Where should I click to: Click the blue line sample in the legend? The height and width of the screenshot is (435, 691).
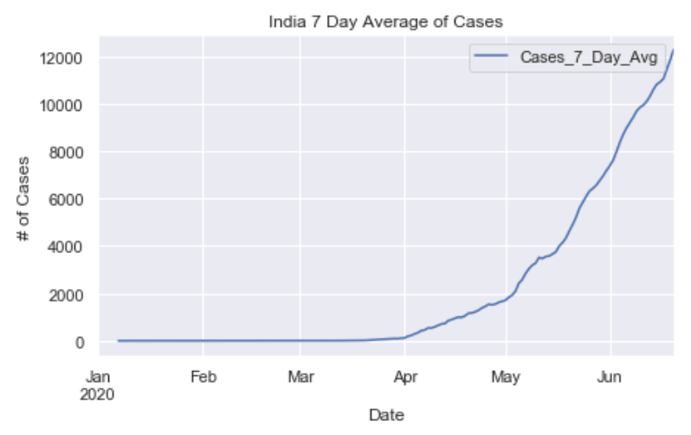(491, 57)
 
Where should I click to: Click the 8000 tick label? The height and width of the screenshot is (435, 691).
(67, 153)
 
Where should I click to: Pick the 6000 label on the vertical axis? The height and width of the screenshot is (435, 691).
(67, 200)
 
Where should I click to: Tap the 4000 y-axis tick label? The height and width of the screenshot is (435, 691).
(67, 247)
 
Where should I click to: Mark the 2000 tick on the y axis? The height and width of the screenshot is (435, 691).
(67, 295)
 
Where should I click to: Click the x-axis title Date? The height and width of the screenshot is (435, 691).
(386, 415)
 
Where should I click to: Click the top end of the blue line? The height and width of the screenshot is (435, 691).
(673, 50)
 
